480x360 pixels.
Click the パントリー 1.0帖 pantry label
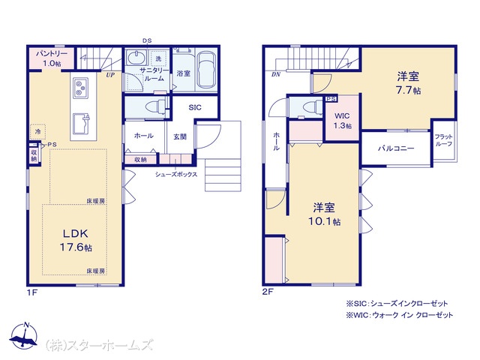coord(52,58)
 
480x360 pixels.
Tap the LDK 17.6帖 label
coord(76,240)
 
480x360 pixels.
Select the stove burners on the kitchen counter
coord(81,88)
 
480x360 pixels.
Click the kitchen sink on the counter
coord(82,124)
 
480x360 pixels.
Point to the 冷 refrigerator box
coord(37,132)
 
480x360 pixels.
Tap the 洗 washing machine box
coord(158,58)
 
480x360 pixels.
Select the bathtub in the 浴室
coord(207,70)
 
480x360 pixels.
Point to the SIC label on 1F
coord(195,107)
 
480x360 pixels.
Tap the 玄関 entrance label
coord(180,136)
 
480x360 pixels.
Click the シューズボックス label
coord(176,175)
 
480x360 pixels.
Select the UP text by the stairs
coord(110,74)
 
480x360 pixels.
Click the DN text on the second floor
coord(276,74)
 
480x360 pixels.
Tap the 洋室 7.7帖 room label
coord(408,83)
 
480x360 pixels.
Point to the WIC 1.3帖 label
coord(342,121)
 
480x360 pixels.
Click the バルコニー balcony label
coord(396,148)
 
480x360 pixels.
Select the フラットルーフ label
coord(443,140)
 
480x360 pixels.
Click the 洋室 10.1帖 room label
coord(324,214)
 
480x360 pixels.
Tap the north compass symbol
coord(24,336)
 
